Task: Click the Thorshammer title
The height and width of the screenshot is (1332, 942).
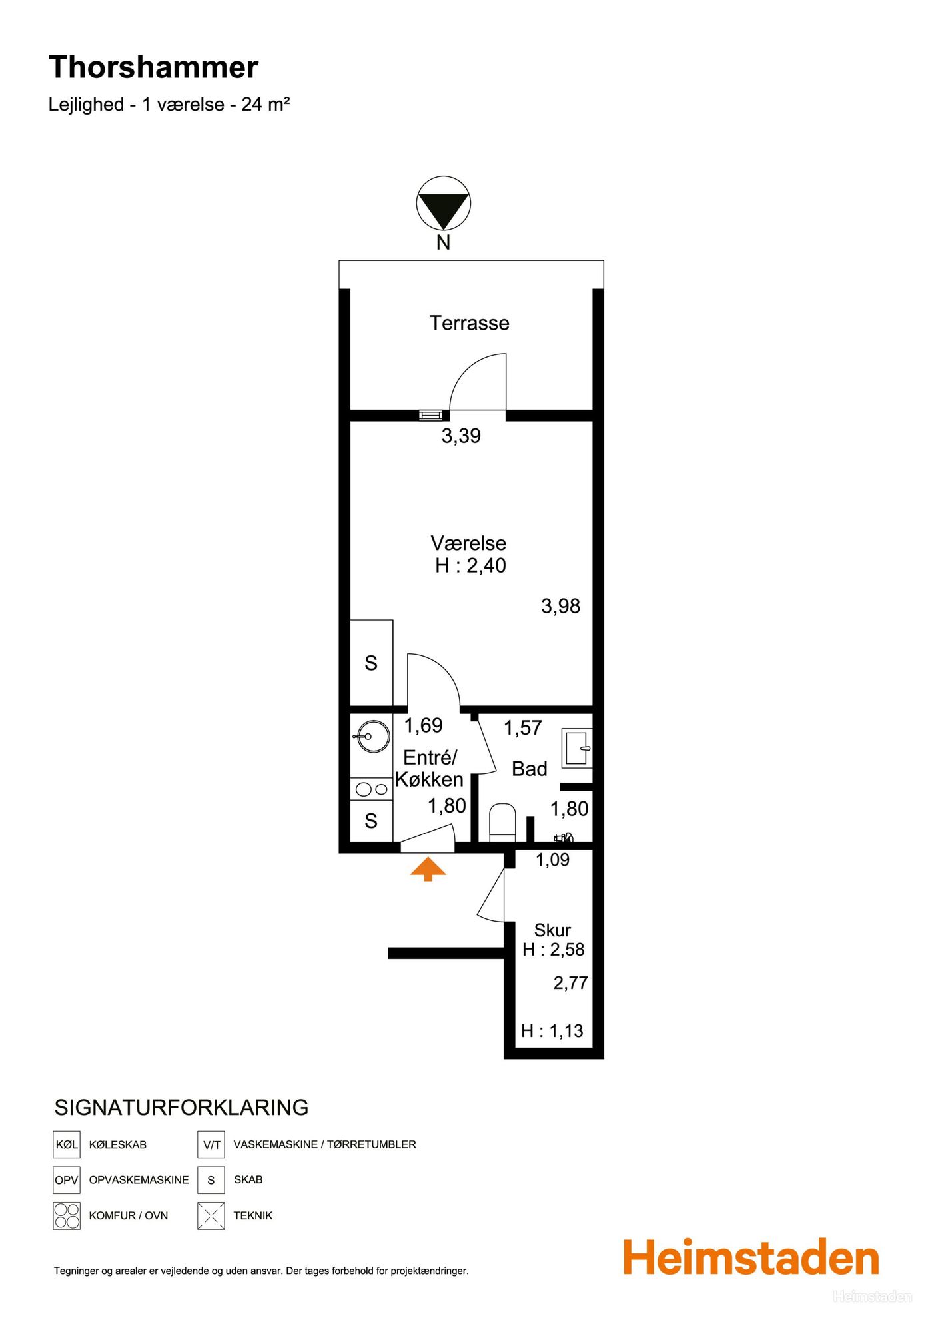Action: pyautogui.click(x=153, y=67)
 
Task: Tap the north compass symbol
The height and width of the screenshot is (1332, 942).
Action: pyautogui.click(x=444, y=203)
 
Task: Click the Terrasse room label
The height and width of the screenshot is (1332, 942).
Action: pyautogui.click(x=470, y=323)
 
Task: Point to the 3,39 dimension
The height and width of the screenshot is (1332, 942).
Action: pyautogui.click(x=461, y=436)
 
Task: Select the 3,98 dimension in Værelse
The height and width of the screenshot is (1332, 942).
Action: pyautogui.click(x=560, y=606)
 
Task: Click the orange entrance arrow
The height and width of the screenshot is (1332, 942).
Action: pyautogui.click(x=428, y=870)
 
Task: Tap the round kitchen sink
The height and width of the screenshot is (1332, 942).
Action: pyautogui.click(x=373, y=736)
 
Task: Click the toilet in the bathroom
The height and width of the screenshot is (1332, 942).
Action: pyautogui.click(x=503, y=823)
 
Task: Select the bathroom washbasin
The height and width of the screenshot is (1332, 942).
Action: pyautogui.click(x=577, y=747)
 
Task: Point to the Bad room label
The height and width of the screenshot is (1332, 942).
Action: pyautogui.click(x=530, y=769)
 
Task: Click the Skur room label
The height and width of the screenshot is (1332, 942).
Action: pyautogui.click(x=552, y=930)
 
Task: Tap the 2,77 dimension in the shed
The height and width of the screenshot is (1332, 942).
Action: pyautogui.click(x=570, y=982)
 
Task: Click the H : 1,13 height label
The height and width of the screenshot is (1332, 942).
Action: pyautogui.click(x=552, y=1031)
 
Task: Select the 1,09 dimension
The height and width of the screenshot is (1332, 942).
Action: pyautogui.click(x=552, y=860)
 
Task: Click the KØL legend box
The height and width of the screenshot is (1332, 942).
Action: pyautogui.click(x=67, y=1144)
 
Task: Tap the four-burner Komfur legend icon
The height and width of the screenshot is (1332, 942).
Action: pyautogui.click(x=67, y=1215)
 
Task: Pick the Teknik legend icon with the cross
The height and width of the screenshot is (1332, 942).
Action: pyautogui.click(x=211, y=1215)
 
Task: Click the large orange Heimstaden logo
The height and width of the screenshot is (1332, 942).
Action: pyautogui.click(x=751, y=1258)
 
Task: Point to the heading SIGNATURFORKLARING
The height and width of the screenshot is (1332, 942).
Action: pyautogui.click(x=181, y=1108)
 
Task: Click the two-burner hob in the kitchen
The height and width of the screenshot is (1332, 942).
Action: pyautogui.click(x=372, y=789)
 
